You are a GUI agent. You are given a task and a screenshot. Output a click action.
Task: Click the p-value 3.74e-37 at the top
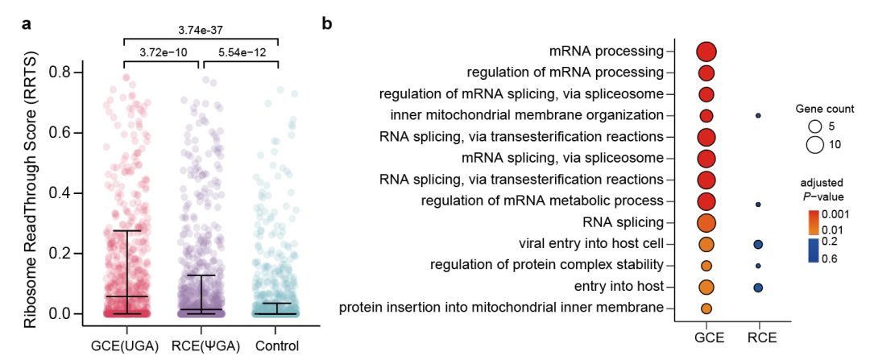200,30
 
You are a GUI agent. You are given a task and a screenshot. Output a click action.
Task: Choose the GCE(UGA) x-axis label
126,346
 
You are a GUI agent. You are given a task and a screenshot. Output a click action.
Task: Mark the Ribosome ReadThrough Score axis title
30,194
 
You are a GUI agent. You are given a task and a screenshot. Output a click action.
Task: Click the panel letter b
326,23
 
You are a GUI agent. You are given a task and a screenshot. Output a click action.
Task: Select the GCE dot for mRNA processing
706,52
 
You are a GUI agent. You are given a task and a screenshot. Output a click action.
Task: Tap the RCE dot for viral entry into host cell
758,244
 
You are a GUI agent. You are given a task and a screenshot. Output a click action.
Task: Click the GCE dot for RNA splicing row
706,222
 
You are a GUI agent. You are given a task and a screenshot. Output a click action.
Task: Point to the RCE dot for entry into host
758,287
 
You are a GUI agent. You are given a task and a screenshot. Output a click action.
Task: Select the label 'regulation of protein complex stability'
547,265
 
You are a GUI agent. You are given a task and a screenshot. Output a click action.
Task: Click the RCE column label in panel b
758,337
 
